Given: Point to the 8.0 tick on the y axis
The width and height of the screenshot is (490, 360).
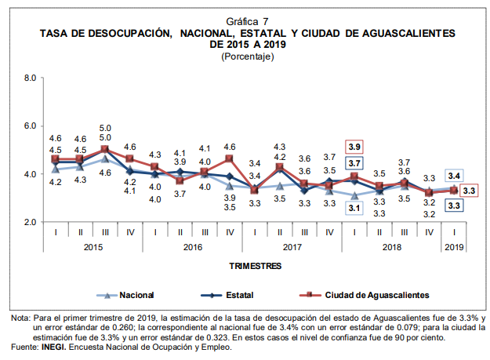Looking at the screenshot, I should [x=31, y=78].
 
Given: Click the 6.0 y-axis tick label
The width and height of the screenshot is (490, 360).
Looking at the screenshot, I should [x=31, y=125].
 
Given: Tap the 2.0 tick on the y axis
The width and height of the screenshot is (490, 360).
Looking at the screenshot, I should [x=31, y=222].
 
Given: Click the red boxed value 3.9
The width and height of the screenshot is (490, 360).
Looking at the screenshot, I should [x=354, y=147].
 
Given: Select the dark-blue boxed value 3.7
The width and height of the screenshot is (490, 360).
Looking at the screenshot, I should [x=354, y=163].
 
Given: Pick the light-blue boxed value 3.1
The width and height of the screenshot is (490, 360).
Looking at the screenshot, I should [x=354, y=208].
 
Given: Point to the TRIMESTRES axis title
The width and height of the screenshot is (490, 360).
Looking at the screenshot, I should [x=256, y=267].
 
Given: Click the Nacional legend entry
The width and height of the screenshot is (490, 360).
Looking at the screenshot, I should [x=136, y=295].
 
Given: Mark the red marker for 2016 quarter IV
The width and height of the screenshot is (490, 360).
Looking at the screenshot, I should [x=230, y=159].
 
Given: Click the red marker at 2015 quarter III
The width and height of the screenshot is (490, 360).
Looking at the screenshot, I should [x=105, y=149].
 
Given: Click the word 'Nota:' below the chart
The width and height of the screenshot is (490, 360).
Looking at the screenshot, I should [x=21, y=318].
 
